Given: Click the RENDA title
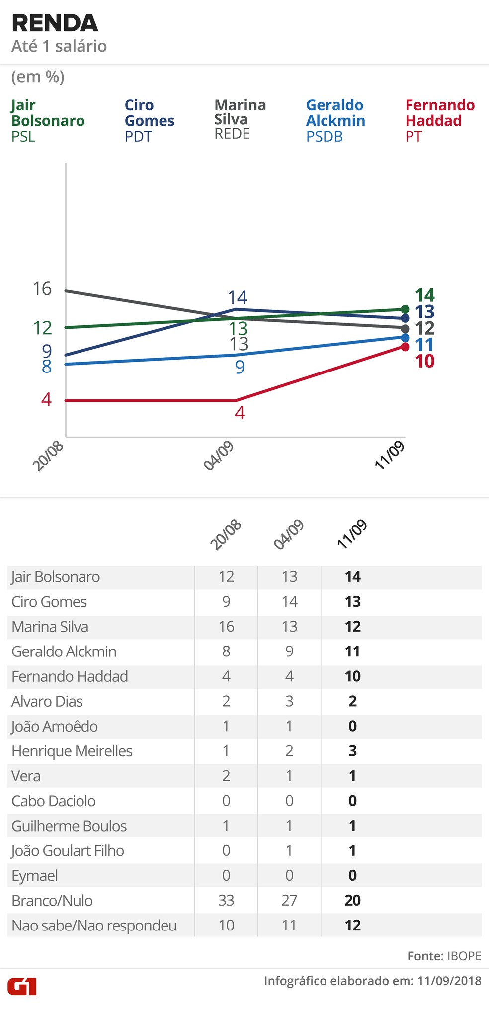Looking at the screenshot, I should click(55, 24).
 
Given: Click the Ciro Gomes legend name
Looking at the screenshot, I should click(149, 113).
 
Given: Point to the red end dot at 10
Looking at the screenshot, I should click(405, 347).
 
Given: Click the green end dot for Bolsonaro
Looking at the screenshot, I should click(405, 309).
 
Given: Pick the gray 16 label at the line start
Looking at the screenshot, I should click(42, 288).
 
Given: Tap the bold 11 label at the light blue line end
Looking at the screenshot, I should click(424, 345).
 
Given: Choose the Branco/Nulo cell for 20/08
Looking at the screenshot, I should click(226, 900).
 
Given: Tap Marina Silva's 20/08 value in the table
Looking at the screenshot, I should click(226, 626).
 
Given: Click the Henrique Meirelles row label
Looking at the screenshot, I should click(72, 751).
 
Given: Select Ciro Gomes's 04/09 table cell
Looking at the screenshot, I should click(289, 601).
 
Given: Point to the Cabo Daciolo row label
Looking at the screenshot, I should click(54, 801).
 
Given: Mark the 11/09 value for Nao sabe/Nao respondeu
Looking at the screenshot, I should click(352, 925).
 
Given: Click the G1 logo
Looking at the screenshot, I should click(22, 986).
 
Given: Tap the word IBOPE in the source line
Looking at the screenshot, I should click(464, 955).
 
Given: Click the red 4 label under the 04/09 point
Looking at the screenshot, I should click(240, 413).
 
